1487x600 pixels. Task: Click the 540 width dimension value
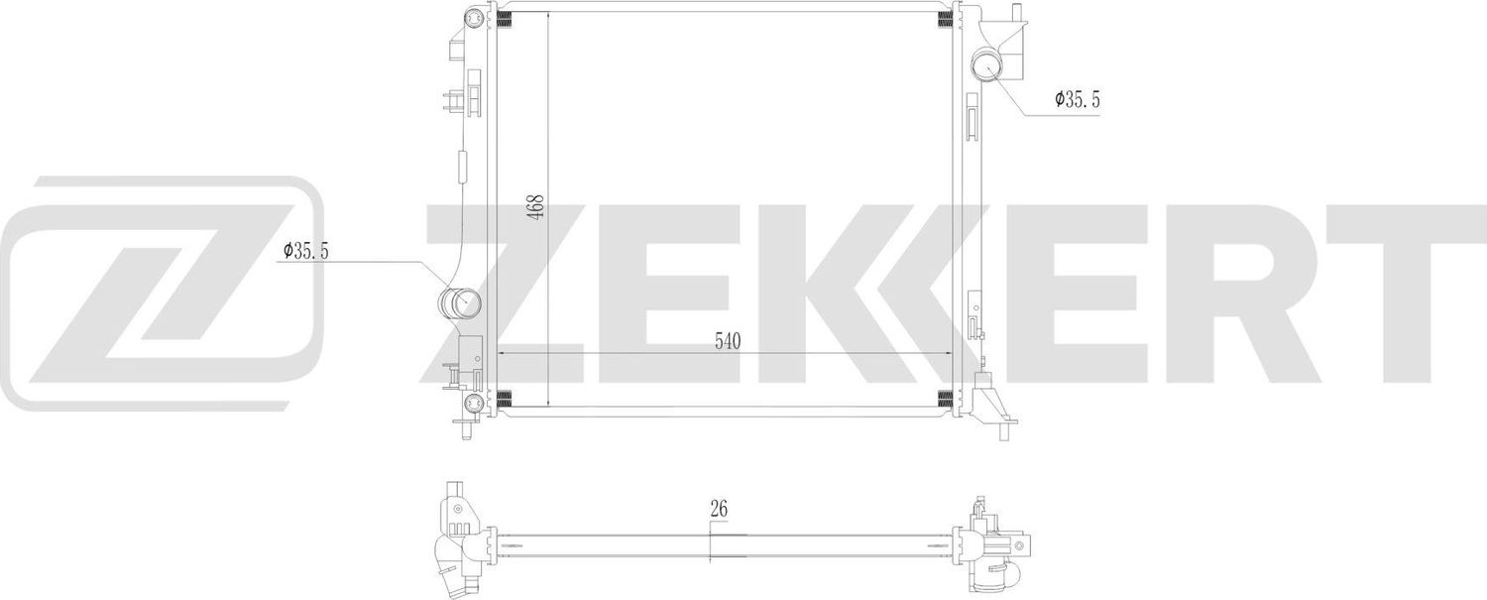pyautogui.click(x=728, y=341)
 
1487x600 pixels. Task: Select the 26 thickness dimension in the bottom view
pyautogui.click(x=720, y=509)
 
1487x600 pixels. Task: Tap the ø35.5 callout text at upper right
pyautogui.click(x=1077, y=99)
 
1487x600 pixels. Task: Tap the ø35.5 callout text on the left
pyautogui.click(x=305, y=252)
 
